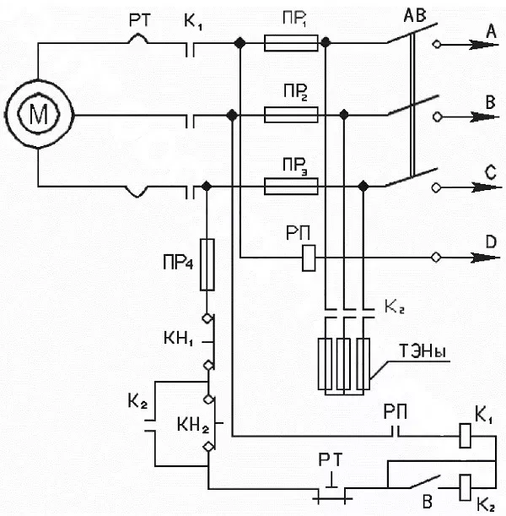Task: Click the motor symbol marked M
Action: click(x=39, y=115)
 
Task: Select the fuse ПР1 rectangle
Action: click(x=291, y=43)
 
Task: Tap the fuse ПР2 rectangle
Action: click(x=291, y=115)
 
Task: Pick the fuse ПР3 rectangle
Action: click(x=291, y=187)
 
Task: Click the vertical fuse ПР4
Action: click(x=207, y=264)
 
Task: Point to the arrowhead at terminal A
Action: click(x=484, y=45)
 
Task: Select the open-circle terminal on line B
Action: click(x=437, y=117)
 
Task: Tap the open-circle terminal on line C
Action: click(x=436, y=187)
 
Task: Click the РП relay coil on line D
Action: click(x=309, y=258)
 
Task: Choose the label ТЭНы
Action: click(x=423, y=351)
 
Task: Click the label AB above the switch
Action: click(x=415, y=15)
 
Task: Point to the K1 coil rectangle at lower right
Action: click(x=465, y=436)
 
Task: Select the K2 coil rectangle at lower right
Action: click(x=465, y=487)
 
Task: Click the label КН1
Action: click(x=179, y=339)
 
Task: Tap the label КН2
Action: click(x=193, y=425)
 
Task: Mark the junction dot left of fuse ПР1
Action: click(x=240, y=42)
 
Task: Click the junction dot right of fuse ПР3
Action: click(x=363, y=187)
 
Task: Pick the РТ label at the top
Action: click(x=140, y=20)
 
